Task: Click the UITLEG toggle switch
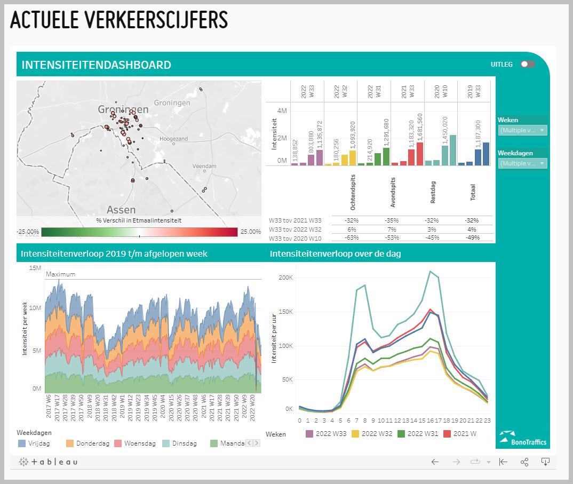pyautogui.click(x=527, y=65)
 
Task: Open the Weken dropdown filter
pyautogui.click(x=522, y=130)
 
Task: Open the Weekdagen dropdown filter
pyautogui.click(x=522, y=163)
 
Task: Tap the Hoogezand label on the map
pyautogui.click(x=174, y=139)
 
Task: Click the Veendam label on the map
pyautogui.click(x=204, y=166)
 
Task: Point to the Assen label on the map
pyautogui.click(x=121, y=209)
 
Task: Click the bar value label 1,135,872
pyautogui.click(x=320, y=135)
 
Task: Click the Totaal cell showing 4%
pyautogui.click(x=472, y=229)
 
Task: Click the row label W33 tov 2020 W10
pyautogui.click(x=295, y=237)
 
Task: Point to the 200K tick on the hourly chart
pyautogui.click(x=286, y=277)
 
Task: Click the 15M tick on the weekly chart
pyautogui.click(x=35, y=267)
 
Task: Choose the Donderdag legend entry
pyautogui.click(x=88, y=443)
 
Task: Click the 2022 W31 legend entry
pyautogui.click(x=419, y=434)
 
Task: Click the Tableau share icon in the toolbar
pyautogui.click(x=524, y=462)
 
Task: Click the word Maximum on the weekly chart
pyautogui.click(x=60, y=274)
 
